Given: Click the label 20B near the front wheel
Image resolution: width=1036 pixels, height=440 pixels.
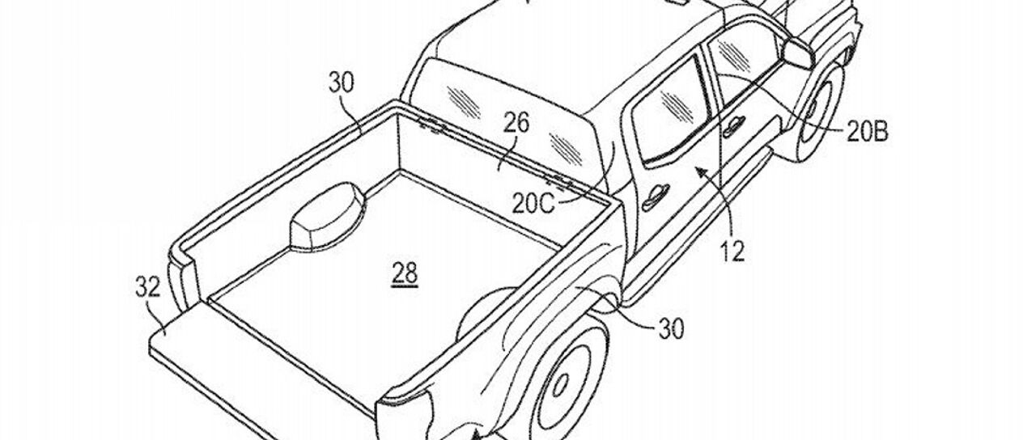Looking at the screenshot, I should (867, 133).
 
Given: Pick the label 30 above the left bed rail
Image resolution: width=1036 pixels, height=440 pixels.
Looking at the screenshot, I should (341, 82).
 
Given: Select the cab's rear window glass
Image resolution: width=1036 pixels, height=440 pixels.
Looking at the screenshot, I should (502, 113).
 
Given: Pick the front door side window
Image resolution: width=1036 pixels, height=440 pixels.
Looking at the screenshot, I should (741, 65).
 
